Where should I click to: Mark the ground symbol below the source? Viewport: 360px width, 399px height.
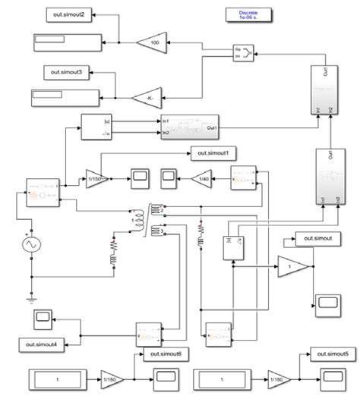pos(31,298)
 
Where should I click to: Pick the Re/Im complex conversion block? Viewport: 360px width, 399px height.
pos(242,52)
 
